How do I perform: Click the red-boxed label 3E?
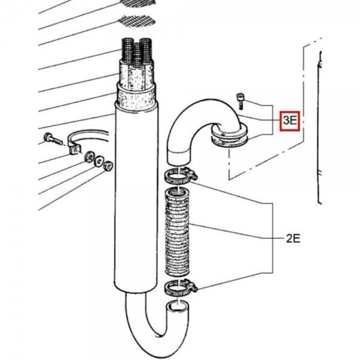tap(290, 121)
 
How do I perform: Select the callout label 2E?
tap(292, 238)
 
